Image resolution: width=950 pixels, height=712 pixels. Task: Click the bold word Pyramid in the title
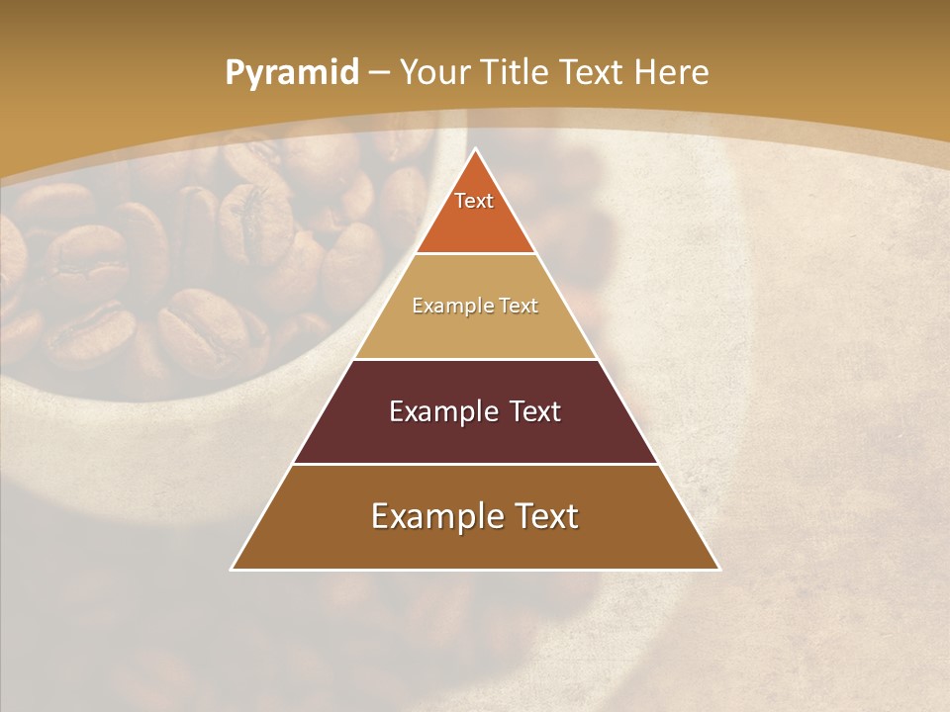click(291, 73)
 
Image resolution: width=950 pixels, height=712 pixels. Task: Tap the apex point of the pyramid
click(476, 150)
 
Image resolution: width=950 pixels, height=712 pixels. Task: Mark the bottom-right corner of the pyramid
click(718, 569)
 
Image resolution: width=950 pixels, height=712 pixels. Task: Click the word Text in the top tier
click(474, 201)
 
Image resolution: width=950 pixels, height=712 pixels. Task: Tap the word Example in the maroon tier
click(436, 411)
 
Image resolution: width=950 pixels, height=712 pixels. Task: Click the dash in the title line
click(379, 73)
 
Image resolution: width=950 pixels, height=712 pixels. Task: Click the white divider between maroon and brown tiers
click(476, 464)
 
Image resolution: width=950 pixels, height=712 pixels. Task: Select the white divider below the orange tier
click(476, 254)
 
